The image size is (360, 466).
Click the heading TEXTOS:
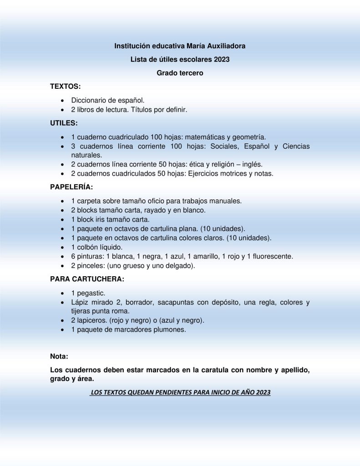pyautogui.click(x=66, y=86)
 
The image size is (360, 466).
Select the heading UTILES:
pyautogui.click(x=64, y=123)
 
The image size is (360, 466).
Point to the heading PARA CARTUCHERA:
pyautogui.click(x=86, y=279)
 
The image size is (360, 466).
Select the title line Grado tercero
pyautogui.click(x=180, y=73)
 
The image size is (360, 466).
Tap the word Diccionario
pyautogui.click(x=91, y=100)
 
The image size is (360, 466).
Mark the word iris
pyautogui.click(x=101, y=219)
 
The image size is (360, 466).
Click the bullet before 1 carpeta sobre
pyautogui.click(x=62, y=201)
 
